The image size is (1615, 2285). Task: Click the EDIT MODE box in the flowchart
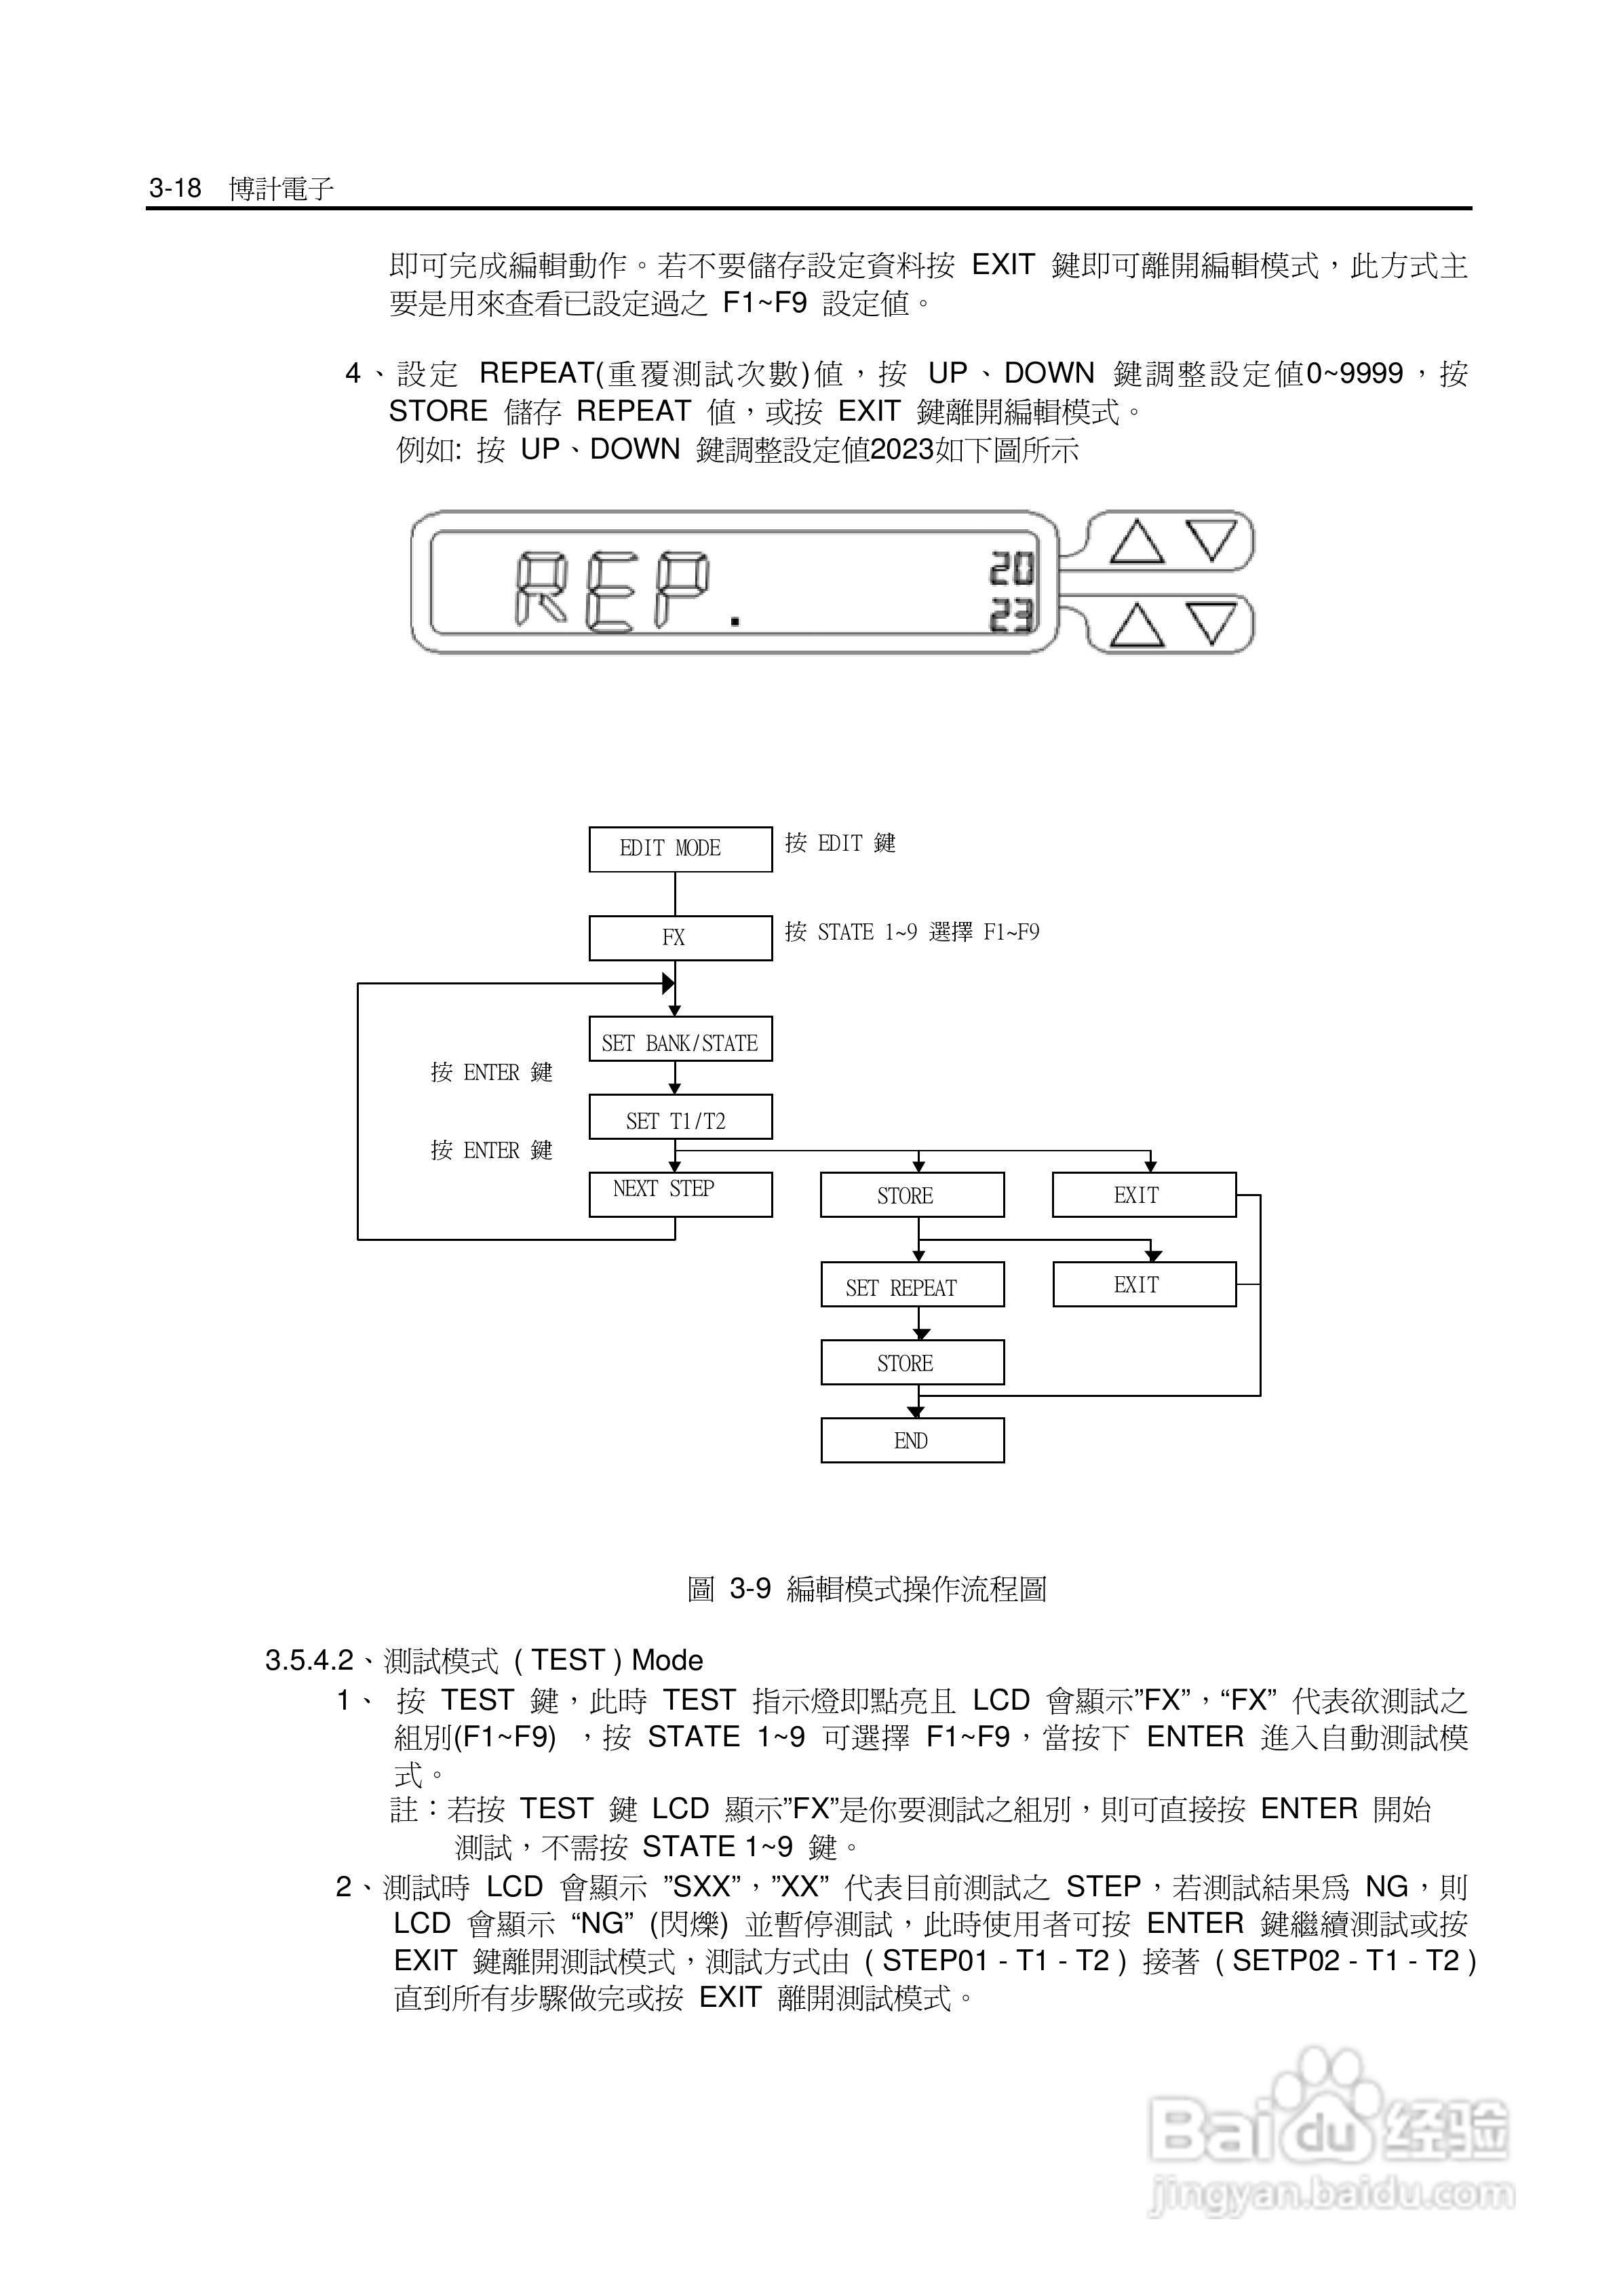click(x=680, y=849)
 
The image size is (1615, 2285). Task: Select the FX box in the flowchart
click(x=680, y=938)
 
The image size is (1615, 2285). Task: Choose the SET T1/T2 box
click(x=680, y=1117)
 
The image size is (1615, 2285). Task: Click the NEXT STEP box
click(x=680, y=1194)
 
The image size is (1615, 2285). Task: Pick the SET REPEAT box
click(x=912, y=1285)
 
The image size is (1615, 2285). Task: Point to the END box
click(x=912, y=1440)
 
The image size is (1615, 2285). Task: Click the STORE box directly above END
click(x=912, y=1362)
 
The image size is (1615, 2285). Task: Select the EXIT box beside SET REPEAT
click(x=1144, y=1285)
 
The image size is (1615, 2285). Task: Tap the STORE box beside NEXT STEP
click(x=912, y=1194)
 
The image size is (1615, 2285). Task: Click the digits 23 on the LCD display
click(x=1011, y=617)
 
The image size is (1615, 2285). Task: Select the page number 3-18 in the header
click(x=175, y=188)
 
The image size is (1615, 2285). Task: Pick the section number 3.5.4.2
click(x=309, y=1661)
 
